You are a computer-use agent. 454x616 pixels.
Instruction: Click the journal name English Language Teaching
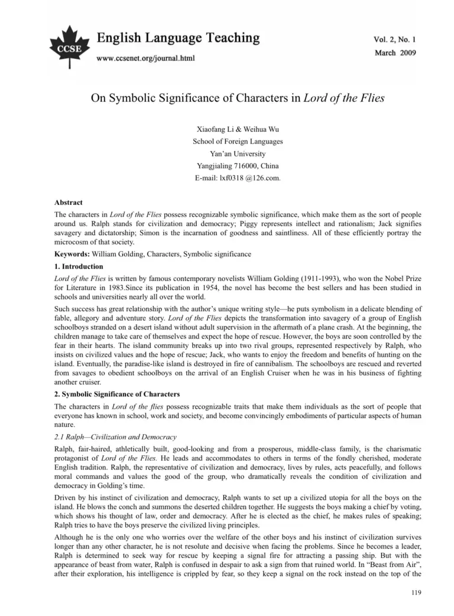178,38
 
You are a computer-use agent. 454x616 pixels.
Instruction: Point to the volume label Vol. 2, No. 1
394,40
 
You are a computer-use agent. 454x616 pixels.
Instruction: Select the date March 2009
395,53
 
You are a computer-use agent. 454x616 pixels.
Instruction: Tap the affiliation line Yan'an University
228,154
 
